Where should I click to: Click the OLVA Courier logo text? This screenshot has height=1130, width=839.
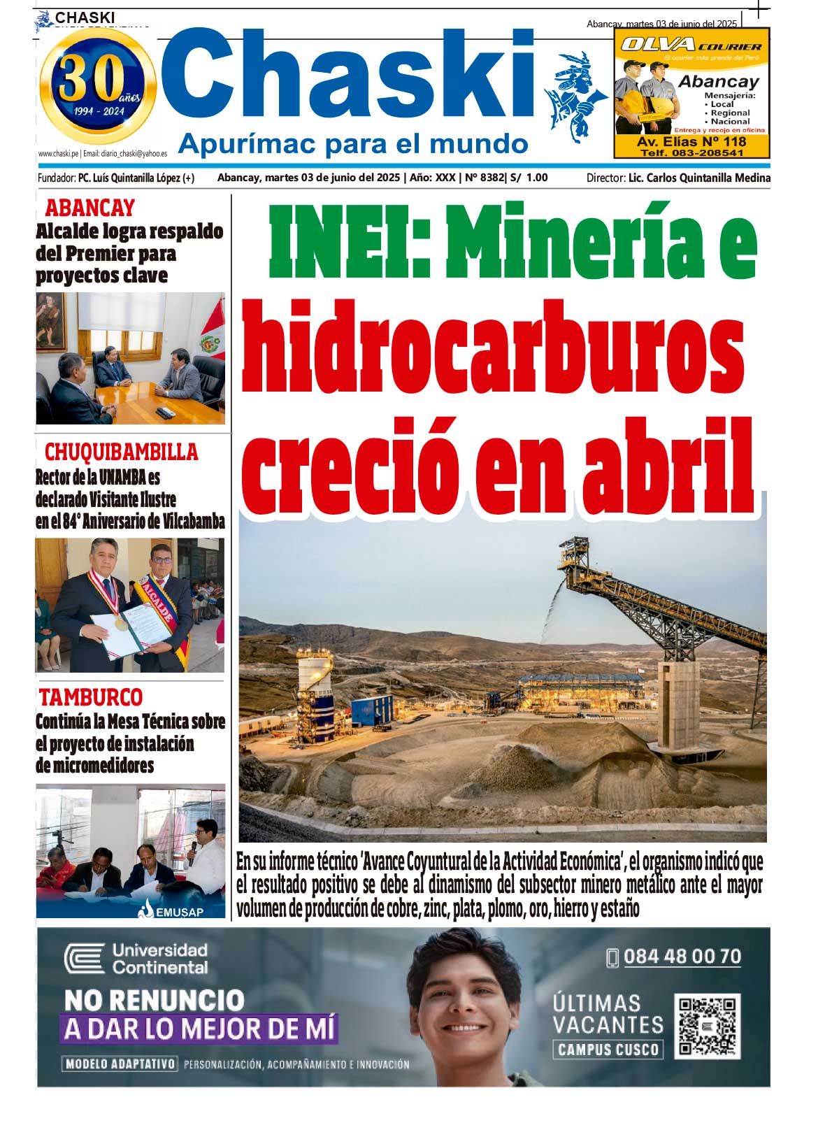tap(691, 45)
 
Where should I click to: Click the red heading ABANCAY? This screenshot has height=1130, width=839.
tap(89, 208)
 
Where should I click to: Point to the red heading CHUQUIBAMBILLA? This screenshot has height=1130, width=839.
tap(121, 452)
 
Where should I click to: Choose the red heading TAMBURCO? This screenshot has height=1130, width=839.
tap(90, 697)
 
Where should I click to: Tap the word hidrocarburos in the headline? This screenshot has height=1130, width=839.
tap(493, 347)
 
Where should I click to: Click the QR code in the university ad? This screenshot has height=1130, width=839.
tap(708, 1026)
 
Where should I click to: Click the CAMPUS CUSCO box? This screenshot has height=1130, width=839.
tap(608, 1049)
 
